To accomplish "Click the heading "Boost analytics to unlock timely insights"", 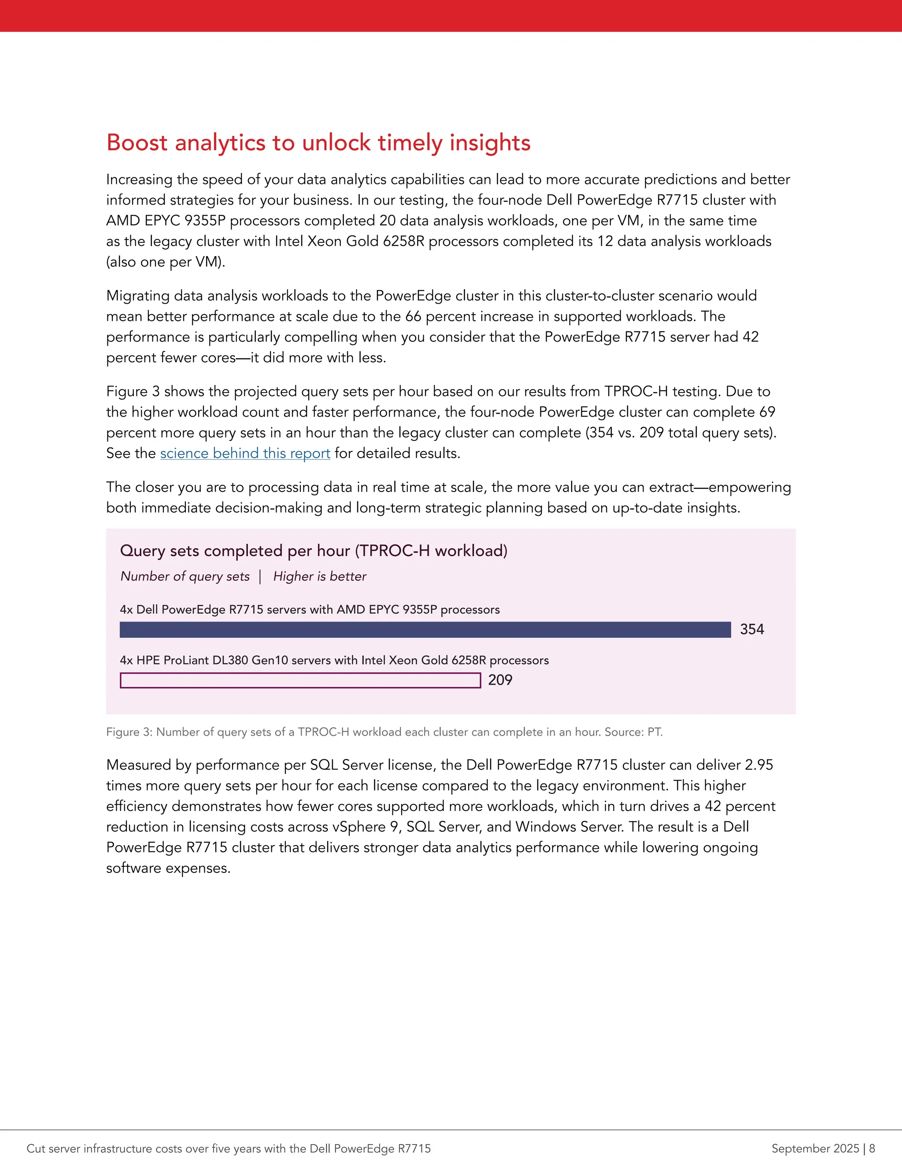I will [318, 143].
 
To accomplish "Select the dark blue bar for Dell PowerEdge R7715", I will [425, 630].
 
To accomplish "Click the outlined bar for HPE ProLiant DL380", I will [300, 680].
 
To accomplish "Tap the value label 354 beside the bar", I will [752, 630].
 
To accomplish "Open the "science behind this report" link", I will [245, 453].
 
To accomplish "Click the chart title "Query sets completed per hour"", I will [313, 550].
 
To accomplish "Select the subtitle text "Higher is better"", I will [320, 576].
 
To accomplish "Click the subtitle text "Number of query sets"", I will [185, 576].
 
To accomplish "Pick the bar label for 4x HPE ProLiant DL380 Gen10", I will [334, 660].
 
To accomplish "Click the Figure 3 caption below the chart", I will [384, 732].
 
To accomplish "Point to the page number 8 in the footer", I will [872, 1148].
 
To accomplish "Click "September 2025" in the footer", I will [815, 1148].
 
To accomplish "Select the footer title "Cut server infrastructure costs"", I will [228, 1148].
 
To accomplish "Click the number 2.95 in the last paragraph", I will [758, 765].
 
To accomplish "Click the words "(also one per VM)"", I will [165, 262].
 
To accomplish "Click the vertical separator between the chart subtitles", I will [260, 576].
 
